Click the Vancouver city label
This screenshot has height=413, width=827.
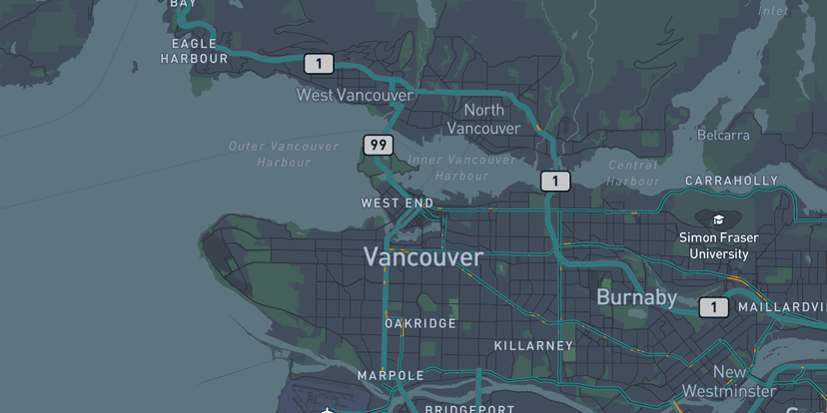tap(423, 257)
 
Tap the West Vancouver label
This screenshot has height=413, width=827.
tap(355, 95)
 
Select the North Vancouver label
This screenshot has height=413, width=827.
tap(483, 119)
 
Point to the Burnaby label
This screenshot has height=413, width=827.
tap(636, 297)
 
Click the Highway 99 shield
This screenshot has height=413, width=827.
tap(378, 145)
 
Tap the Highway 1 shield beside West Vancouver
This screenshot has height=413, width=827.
tap(319, 64)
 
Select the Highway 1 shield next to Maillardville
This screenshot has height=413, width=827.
tap(713, 307)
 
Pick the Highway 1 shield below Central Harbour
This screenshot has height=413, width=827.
tap(555, 181)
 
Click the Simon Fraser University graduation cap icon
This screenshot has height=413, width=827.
tap(718, 219)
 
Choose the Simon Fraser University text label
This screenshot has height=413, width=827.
tap(718, 245)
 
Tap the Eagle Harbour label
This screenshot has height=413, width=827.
tap(194, 51)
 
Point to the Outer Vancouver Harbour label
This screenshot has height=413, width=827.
tap(284, 154)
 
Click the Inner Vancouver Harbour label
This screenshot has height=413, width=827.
tap(461, 168)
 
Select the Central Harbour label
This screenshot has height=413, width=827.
tap(632, 173)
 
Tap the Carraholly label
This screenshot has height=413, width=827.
tap(731, 181)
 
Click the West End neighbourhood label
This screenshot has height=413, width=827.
tap(398, 203)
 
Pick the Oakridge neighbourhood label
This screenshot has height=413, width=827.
tap(420, 323)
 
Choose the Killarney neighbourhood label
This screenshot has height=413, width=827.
tap(533, 345)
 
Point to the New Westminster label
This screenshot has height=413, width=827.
tap(729, 381)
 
